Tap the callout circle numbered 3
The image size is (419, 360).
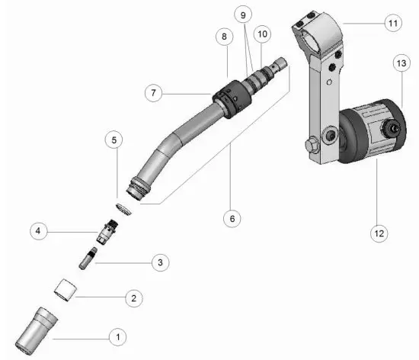click(159, 262)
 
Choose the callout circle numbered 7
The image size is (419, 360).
click(155, 93)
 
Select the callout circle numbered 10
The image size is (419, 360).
click(262, 34)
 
